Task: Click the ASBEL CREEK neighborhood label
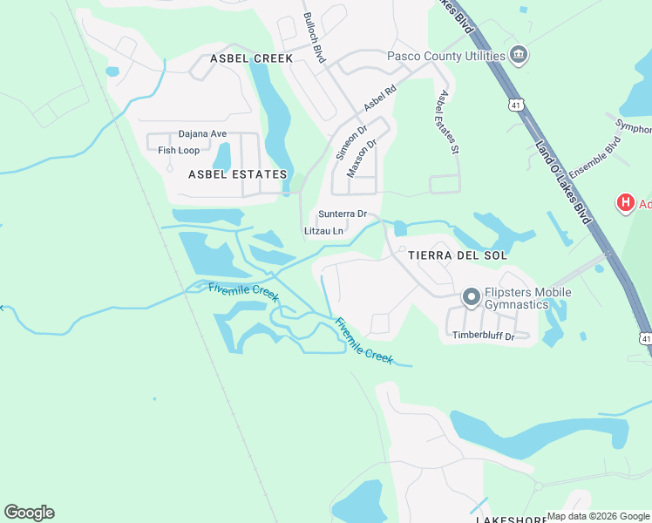tap(252, 58)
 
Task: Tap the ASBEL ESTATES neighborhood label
tap(238, 174)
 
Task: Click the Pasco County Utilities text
tap(446, 57)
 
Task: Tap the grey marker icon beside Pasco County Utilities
tap(519, 56)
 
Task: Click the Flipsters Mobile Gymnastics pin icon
tap(472, 298)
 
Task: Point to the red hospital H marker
tap(625, 204)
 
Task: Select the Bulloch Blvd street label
tap(314, 37)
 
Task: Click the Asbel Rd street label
tap(380, 97)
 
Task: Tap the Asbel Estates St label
tap(449, 123)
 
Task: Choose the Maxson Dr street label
tap(361, 159)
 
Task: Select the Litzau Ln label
tap(323, 231)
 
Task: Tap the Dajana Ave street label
tap(202, 134)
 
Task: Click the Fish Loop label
tap(179, 150)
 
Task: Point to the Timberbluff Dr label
tap(483, 336)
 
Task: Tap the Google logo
tap(29, 513)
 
